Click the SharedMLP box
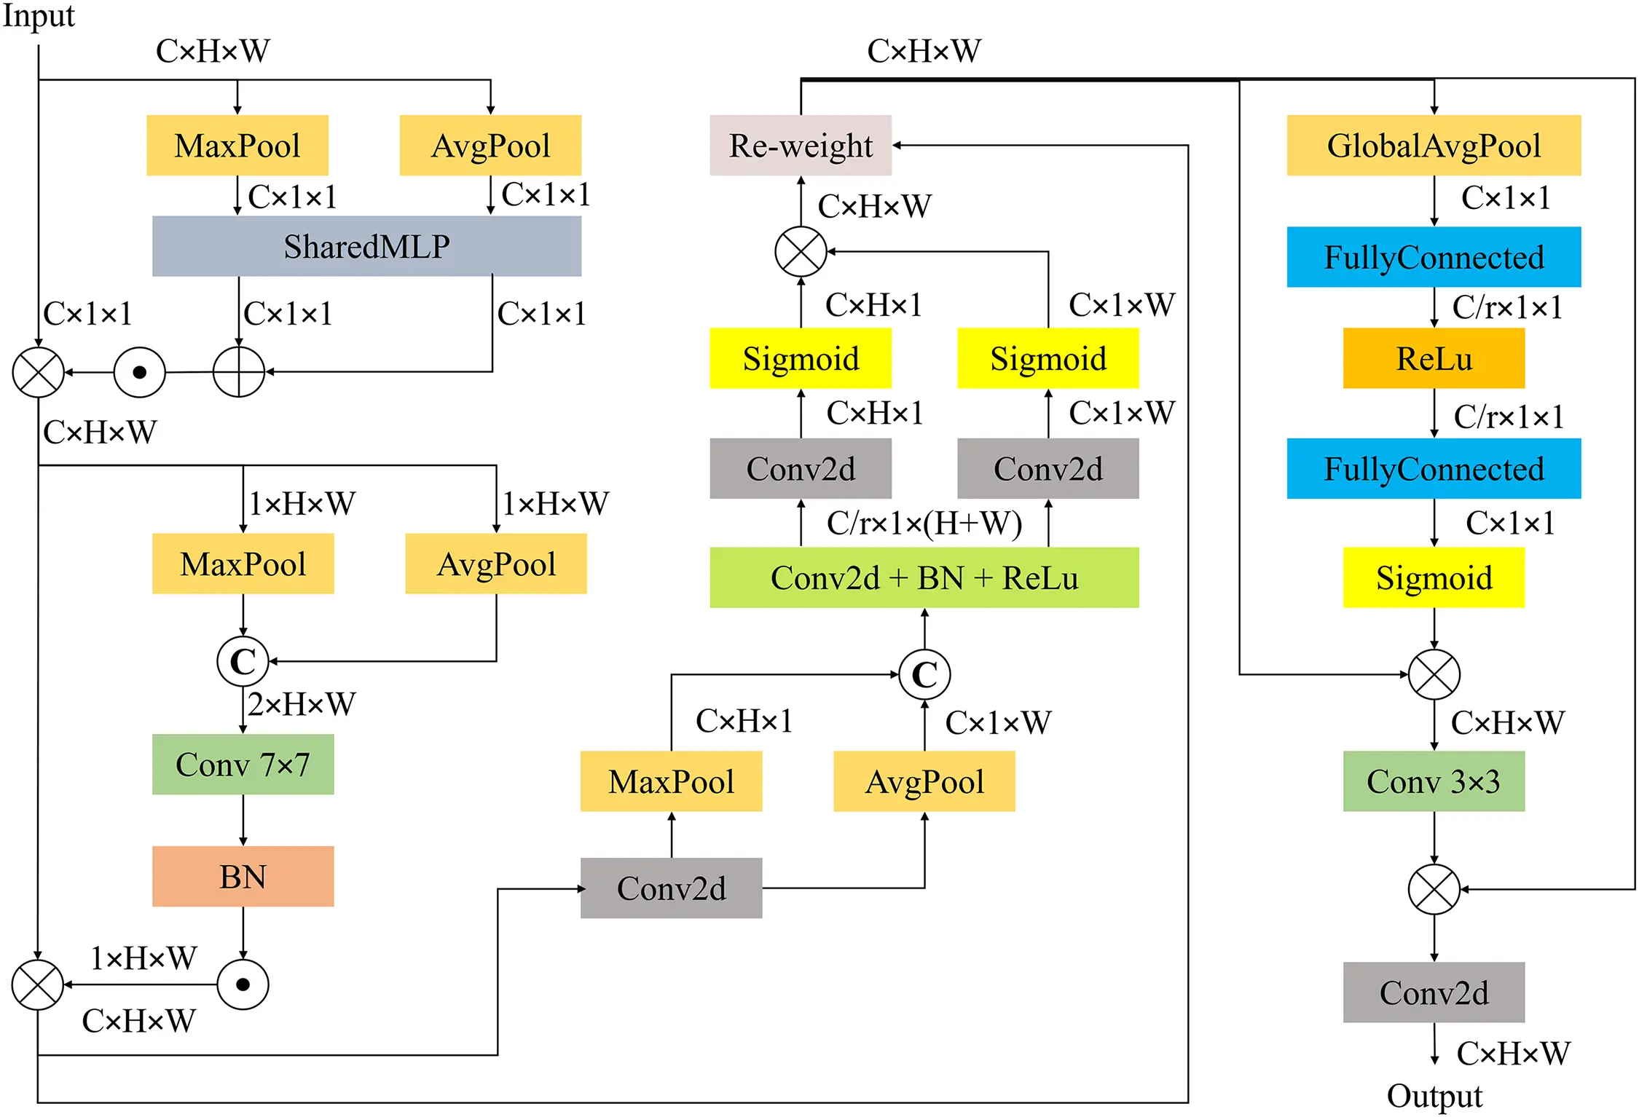pyautogui.click(x=366, y=246)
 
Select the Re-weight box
pyautogui.click(x=800, y=145)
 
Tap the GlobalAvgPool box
pyautogui.click(x=1433, y=145)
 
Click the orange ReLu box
pyautogui.click(x=1433, y=358)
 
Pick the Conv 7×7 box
pyautogui.click(x=243, y=764)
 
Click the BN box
pyautogui.click(x=243, y=876)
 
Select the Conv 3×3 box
pyautogui.click(x=1433, y=781)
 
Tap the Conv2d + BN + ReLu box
pyautogui.click(x=924, y=577)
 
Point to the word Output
pyautogui.click(x=1434, y=1096)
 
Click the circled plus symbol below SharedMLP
pyautogui.click(x=238, y=372)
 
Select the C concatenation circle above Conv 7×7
pyautogui.click(x=243, y=661)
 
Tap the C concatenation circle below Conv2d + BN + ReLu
pyautogui.click(x=924, y=674)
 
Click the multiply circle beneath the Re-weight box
pyautogui.click(x=800, y=252)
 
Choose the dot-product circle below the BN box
pyautogui.click(x=243, y=984)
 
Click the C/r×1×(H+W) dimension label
pyautogui.click(x=924, y=523)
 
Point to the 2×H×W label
pyautogui.click(x=301, y=704)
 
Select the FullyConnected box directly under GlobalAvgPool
pyautogui.click(x=1433, y=257)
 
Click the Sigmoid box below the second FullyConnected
pyautogui.click(x=1433, y=577)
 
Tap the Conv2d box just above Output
pyautogui.click(x=1433, y=992)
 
